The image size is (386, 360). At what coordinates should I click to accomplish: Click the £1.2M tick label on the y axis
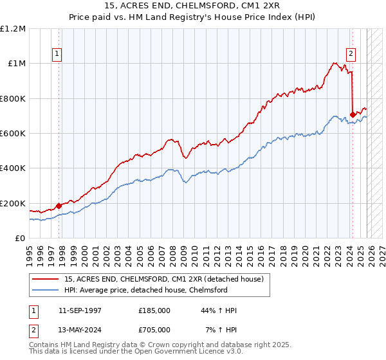click(x=13, y=29)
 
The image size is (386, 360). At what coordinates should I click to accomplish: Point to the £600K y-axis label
click(x=13, y=134)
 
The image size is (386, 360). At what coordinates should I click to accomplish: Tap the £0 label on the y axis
click(x=21, y=239)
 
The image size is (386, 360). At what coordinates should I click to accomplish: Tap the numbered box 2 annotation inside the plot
click(x=352, y=55)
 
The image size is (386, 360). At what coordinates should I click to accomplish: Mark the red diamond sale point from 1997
click(x=59, y=206)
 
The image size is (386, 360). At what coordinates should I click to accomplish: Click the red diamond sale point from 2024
click(x=353, y=115)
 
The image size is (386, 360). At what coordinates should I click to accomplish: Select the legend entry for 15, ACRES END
click(x=163, y=280)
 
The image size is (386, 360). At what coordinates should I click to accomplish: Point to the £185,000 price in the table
click(x=154, y=310)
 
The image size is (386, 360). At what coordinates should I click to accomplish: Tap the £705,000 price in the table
click(x=154, y=330)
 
